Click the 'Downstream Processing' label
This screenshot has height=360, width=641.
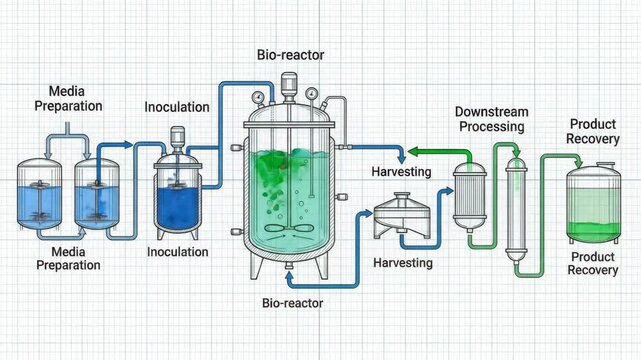coord(490,119)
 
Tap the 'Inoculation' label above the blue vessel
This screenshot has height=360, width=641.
coord(177,107)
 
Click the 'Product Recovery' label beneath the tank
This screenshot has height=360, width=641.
coord(593,264)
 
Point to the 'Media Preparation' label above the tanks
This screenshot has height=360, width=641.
coord(67,98)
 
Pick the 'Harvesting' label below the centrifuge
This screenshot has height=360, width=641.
coord(402,263)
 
